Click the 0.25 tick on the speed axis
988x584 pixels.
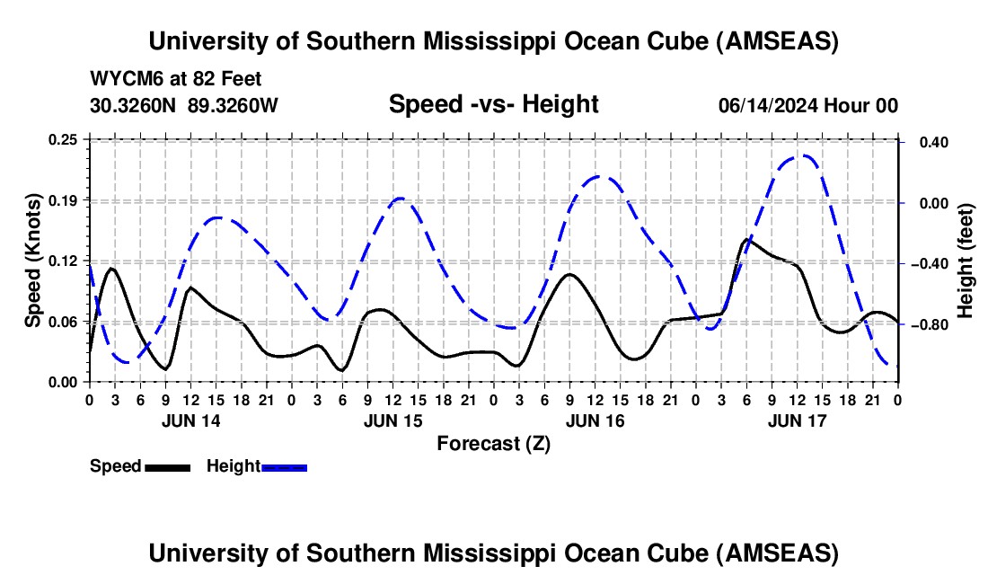tap(64, 140)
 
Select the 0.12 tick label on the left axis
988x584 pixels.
tap(64, 261)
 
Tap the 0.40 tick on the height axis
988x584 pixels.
tap(926, 142)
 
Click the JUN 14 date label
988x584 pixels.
tap(190, 420)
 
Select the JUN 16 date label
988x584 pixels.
tap(595, 420)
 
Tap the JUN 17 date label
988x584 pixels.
tap(797, 420)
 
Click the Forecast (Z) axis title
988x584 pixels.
tap(493, 443)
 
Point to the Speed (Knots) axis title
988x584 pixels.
tap(33, 260)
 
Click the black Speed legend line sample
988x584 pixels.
tap(167, 466)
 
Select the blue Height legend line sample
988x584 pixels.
tap(284, 466)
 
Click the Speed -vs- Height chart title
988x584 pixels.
tap(493, 104)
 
